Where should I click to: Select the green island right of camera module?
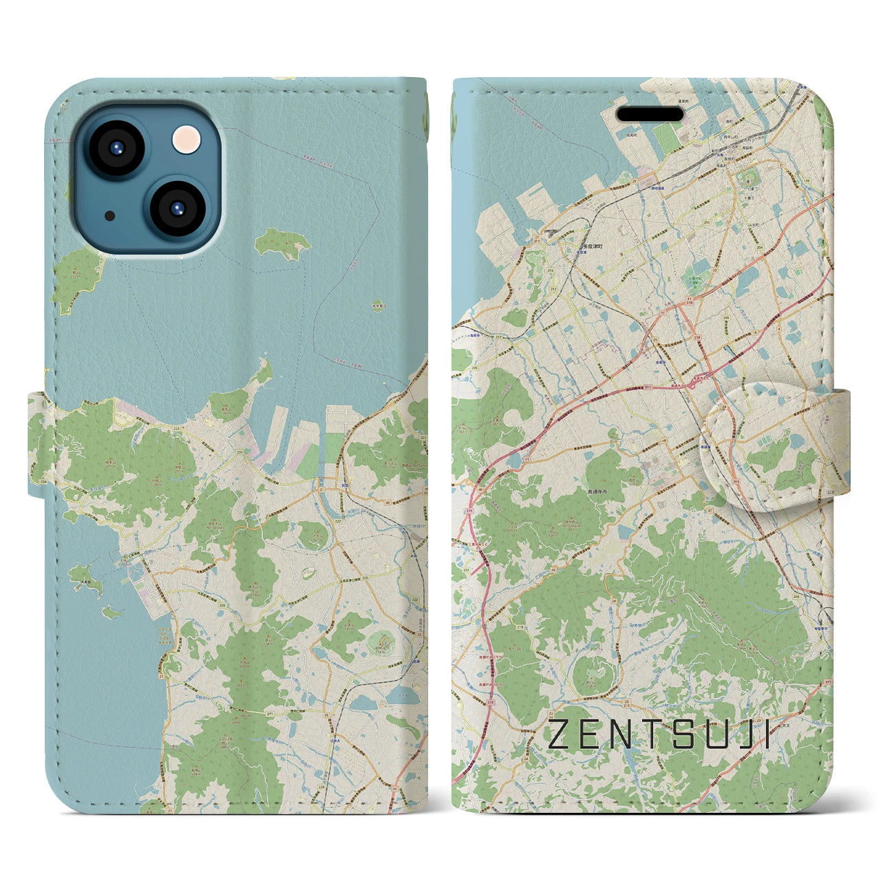click(283, 244)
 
